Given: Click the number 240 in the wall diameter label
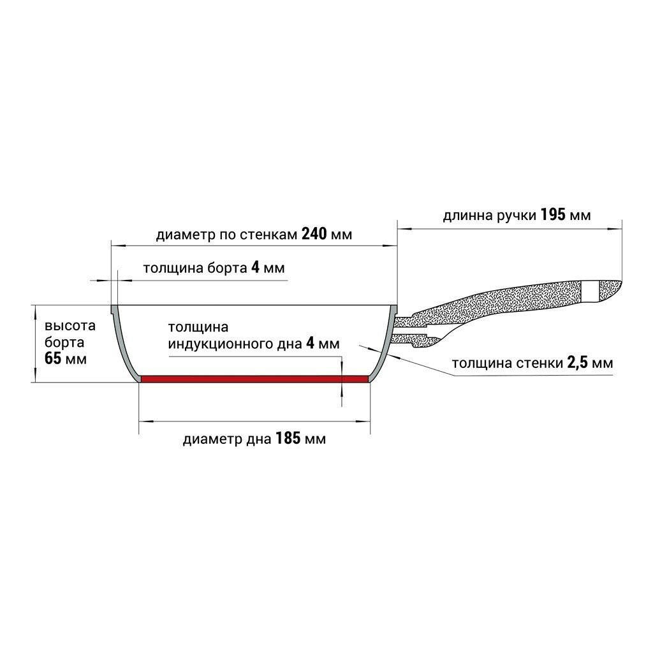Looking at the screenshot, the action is tap(314, 235).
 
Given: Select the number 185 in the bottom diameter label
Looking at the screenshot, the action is tap(289, 439).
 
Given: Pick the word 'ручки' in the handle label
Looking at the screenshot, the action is tap(515, 216).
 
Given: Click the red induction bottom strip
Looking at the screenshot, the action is tap(255, 379).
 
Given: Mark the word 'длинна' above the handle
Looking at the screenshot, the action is tap(466, 216).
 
